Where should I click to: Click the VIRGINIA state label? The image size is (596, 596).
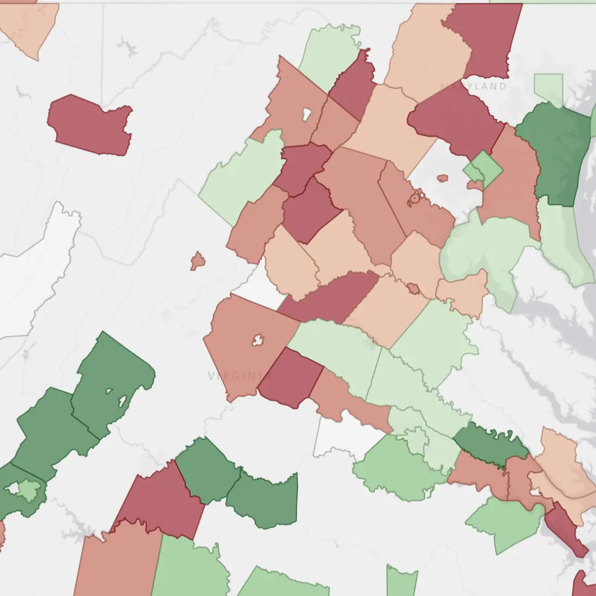(239, 375)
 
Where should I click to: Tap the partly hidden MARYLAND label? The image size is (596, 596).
(475, 86)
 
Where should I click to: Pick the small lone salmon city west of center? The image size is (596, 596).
(198, 261)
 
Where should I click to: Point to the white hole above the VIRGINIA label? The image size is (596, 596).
(258, 340)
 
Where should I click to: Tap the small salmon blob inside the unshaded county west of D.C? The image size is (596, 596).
(442, 178)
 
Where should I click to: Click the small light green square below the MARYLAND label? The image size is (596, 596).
(548, 87)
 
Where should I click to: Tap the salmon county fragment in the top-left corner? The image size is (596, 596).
(27, 27)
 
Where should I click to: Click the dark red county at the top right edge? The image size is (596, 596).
(488, 38)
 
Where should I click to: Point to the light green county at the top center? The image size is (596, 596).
(331, 54)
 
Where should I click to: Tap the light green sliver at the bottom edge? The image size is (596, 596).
(401, 582)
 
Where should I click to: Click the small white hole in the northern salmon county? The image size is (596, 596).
(306, 114)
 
